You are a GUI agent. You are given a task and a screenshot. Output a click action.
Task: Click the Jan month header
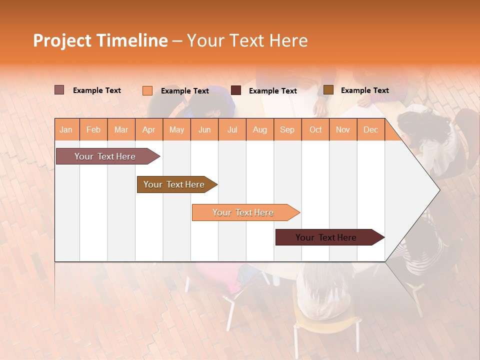[x=66, y=129]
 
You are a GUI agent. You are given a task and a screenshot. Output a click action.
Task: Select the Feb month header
[x=93, y=129]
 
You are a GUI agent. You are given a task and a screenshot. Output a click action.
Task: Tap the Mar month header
[x=121, y=129]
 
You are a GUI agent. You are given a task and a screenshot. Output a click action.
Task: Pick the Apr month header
[x=149, y=129]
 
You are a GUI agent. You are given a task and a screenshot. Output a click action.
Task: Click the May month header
[x=176, y=129]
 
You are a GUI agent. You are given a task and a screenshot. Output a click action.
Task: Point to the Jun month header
[x=204, y=129]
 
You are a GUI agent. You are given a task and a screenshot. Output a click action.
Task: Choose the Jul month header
[x=232, y=129]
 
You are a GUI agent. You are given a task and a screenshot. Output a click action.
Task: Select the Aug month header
[x=260, y=129]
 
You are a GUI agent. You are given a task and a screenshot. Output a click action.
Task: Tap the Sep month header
[x=287, y=129]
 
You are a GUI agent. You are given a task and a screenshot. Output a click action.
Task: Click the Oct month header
[x=315, y=129]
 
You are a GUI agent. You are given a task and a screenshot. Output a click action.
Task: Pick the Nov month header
[x=343, y=129]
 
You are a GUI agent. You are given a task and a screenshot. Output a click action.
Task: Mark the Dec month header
[x=370, y=129]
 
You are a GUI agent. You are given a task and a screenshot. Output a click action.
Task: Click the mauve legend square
[x=59, y=90]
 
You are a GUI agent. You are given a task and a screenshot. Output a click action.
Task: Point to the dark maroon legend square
[x=236, y=90]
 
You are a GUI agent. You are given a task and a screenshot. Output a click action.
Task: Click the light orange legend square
[x=147, y=90]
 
